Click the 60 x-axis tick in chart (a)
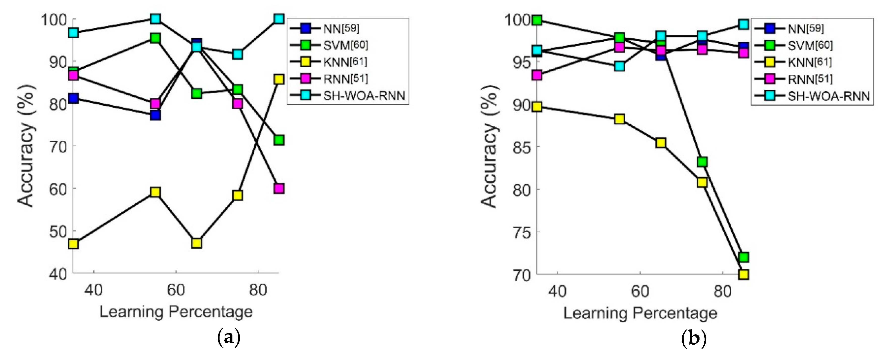(176, 291)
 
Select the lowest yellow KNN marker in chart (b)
(743, 274)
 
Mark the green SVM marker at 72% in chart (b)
(743, 257)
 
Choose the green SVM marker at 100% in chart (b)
(537, 20)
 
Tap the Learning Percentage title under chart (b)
(640, 313)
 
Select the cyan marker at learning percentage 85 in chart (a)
(279, 19)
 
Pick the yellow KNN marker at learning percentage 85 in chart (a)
(279, 79)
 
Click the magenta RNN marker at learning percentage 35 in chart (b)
(537, 75)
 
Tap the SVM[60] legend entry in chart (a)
(345, 45)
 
